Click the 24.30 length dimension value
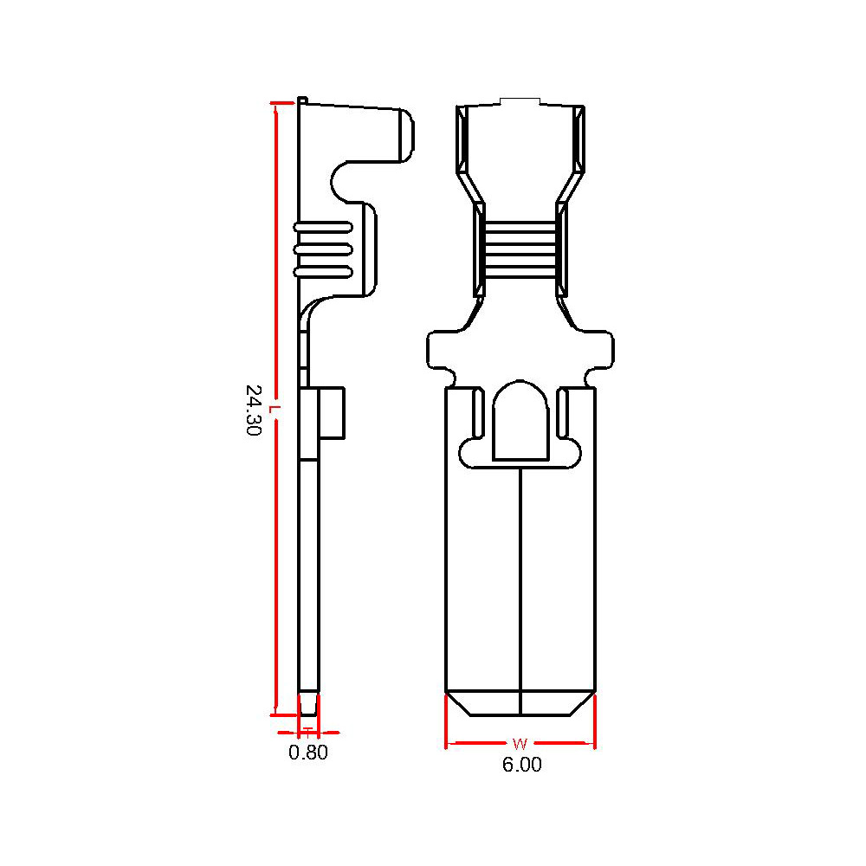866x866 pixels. tap(253, 410)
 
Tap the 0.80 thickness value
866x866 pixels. tap(308, 753)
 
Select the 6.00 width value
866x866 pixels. tap(522, 765)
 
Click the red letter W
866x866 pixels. tap(520, 743)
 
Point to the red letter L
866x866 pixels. tap(274, 410)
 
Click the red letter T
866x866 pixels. tap(308, 733)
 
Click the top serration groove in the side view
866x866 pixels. tap(323, 227)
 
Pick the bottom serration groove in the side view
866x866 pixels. tap(323, 272)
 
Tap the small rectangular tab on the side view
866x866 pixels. tap(332, 413)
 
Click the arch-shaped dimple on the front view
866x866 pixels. tap(520, 420)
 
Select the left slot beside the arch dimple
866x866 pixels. tap(478, 412)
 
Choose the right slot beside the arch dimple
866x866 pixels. tap(562, 412)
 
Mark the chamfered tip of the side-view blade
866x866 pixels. tap(308, 703)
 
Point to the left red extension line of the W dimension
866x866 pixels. tap(446, 721)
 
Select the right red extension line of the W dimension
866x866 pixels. tap(596, 721)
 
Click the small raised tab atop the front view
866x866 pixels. tap(520, 100)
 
